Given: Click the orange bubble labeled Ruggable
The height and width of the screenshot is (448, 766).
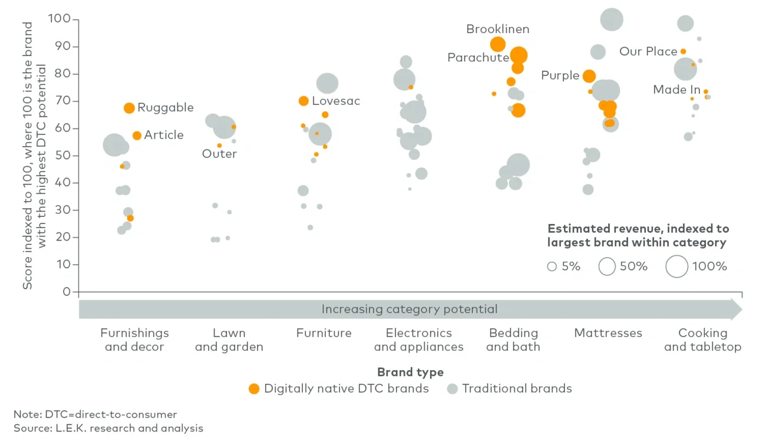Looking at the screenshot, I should click(129, 108).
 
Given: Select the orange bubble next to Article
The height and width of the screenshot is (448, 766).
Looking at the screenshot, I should click(137, 136).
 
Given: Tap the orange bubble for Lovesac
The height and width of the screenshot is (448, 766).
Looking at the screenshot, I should click(303, 101).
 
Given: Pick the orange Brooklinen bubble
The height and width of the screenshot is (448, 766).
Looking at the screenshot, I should click(498, 44).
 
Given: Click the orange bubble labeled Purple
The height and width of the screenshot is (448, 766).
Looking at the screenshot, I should click(589, 76).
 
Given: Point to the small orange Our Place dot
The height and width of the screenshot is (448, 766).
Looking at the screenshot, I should click(683, 52).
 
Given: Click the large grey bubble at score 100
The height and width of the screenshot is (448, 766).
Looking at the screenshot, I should click(612, 19).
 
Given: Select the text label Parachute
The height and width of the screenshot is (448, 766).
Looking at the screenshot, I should click(478, 58).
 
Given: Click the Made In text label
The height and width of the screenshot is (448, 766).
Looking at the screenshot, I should click(676, 90).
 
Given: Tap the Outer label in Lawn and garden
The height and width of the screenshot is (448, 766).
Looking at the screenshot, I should click(219, 154).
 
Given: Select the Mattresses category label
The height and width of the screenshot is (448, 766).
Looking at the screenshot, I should click(608, 333).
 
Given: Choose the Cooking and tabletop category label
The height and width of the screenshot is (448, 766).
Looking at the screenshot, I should click(702, 340).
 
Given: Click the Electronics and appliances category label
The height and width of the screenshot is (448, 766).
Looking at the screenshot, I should click(418, 340).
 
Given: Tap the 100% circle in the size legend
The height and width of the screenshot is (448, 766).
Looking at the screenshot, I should click(677, 266).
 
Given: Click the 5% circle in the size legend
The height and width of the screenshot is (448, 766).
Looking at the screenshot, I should click(552, 266).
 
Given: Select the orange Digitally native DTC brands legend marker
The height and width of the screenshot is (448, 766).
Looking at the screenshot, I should click(254, 388).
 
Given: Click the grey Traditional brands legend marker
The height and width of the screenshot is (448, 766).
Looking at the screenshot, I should click(452, 388).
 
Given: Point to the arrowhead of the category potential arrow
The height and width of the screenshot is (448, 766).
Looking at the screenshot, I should click(737, 309).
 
